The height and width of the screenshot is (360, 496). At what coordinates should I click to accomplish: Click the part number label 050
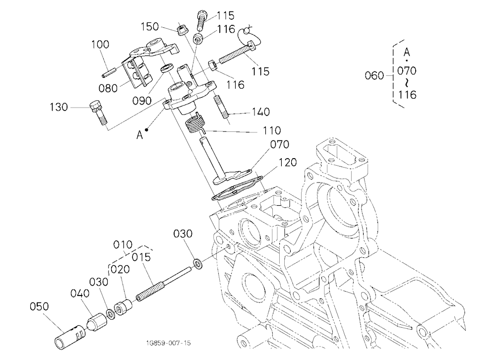coord(39,306)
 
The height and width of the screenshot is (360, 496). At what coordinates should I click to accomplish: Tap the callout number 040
coord(80,293)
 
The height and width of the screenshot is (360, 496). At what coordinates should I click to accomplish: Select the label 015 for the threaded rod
coord(141,257)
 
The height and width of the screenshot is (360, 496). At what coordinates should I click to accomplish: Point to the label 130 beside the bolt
coord(59,107)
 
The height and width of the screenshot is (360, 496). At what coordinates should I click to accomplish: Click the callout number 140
coord(261,112)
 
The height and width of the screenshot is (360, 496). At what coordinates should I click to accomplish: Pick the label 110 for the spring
coord(271,130)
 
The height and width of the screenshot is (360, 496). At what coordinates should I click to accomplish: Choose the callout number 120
coord(287,162)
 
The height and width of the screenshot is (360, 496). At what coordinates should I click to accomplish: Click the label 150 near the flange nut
coord(150,26)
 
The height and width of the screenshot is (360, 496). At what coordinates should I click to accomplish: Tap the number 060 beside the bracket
coord(374,75)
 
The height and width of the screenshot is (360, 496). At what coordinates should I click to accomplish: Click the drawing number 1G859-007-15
coord(168,343)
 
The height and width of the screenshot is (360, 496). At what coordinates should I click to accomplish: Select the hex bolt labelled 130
coord(98,113)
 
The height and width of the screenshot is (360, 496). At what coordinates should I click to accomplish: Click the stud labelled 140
coord(221,107)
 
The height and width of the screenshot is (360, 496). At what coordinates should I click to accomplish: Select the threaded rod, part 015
coord(164,284)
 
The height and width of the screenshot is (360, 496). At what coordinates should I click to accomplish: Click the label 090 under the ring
coord(142,101)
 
